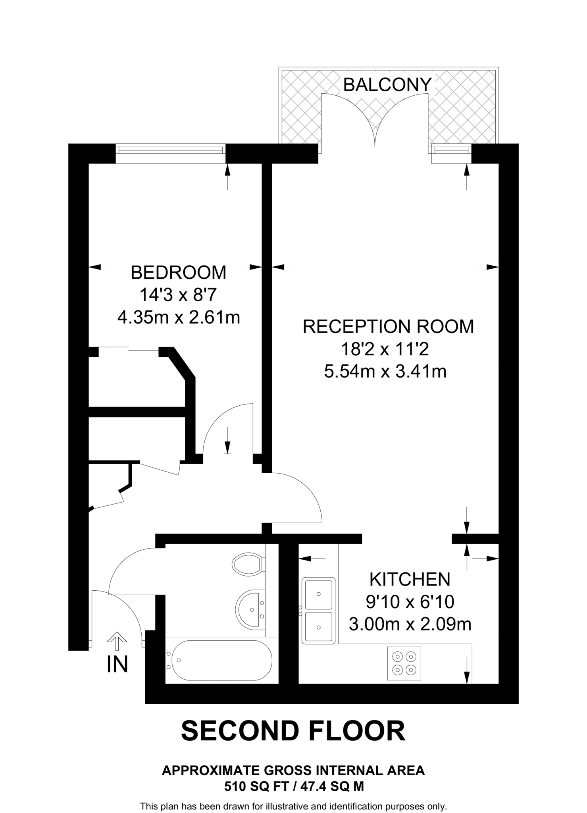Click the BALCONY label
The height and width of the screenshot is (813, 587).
point(387,85)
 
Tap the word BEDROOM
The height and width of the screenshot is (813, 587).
point(179,273)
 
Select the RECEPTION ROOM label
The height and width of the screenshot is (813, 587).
point(388,326)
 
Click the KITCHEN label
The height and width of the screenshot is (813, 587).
point(410,580)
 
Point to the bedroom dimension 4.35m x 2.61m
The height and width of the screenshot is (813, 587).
point(179,317)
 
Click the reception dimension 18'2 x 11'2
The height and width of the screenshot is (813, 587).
point(385,349)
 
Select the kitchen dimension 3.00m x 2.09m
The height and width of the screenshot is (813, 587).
point(410,624)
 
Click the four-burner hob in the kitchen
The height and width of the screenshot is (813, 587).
point(404,663)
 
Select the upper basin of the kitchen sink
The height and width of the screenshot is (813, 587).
point(318,594)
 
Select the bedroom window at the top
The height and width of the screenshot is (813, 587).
point(170,150)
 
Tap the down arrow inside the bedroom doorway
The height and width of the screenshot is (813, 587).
point(227,441)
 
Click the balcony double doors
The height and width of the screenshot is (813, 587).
point(375,119)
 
